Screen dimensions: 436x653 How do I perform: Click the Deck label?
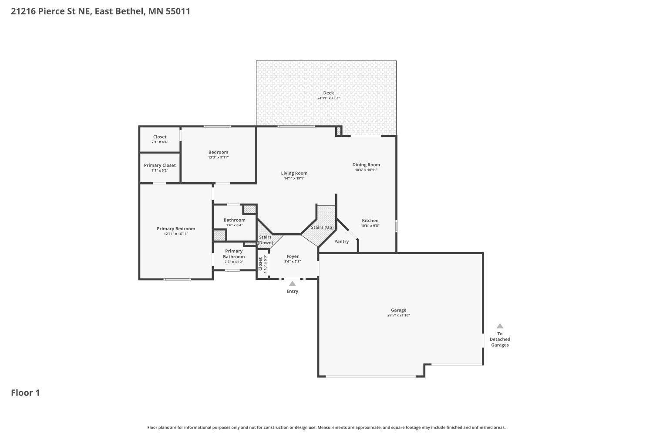pyautogui.click(x=328, y=93)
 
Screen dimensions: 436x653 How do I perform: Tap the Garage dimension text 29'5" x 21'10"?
pyautogui.click(x=398, y=315)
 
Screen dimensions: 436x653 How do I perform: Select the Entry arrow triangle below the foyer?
pyautogui.click(x=293, y=284)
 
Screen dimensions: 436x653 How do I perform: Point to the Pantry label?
pyautogui.click(x=341, y=242)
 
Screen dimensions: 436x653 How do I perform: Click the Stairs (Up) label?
pyautogui.click(x=322, y=228)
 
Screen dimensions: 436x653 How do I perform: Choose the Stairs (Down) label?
pyautogui.click(x=265, y=240)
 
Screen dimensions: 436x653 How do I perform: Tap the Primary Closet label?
pyautogui.click(x=160, y=165)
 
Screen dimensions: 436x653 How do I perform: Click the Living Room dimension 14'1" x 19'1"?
pyautogui.click(x=294, y=178)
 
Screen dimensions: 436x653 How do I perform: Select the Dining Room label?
pyautogui.click(x=366, y=165)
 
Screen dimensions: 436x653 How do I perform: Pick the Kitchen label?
pyautogui.click(x=370, y=221)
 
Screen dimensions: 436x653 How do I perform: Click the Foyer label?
pyautogui.click(x=293, y=256)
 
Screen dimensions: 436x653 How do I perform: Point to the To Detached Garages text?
pyautogui.click(x=500, y=339)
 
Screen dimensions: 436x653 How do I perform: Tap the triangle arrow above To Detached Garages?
pyautogui.click(x=500, y=326)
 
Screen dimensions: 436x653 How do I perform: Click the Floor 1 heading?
pyautogui.click(x=25, y=393)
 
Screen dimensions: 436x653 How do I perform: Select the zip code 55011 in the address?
pyautogui.click(x=178, y=11)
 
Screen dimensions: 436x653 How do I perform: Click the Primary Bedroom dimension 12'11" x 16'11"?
pyautogui.click(x=176, y=234)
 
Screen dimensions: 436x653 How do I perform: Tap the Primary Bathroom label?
pyautogui.click(x=234, y=254)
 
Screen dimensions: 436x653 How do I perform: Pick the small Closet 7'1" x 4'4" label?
pyautogui.click(x=160, y=137)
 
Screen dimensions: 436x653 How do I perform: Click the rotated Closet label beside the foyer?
pyautogui.click(x=260, y=264)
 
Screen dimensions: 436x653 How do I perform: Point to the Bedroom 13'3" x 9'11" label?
pyautogui.click(x=218, y=152)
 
